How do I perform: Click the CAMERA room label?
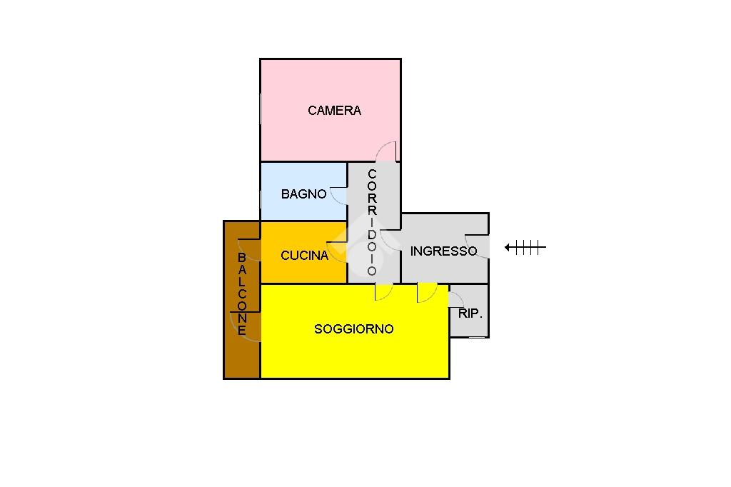tap(334, 111)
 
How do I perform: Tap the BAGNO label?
tap(303, 194)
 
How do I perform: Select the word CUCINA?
tap(304, 255)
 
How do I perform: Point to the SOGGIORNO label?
tap(353, 329)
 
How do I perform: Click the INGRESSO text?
tap(443, 251)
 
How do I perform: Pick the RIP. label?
tap(470, 313)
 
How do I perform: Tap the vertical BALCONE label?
tap(242, 293)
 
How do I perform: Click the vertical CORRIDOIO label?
tap(372, 222)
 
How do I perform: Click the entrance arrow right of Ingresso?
tap(525, 248)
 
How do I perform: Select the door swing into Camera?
tap(386, 152)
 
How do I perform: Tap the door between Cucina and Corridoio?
tap(338, 251)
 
